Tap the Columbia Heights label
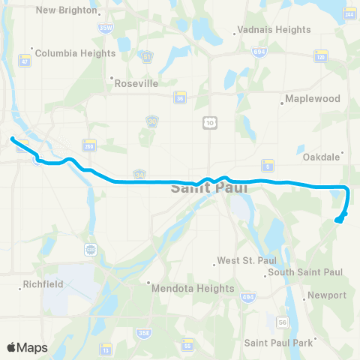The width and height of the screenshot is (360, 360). click(74, 53)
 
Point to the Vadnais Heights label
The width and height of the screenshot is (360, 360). click(273, 30)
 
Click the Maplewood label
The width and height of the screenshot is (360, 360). click(313, 99)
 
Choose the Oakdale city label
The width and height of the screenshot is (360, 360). click(322, 157)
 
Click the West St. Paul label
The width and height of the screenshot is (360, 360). click(236, 261)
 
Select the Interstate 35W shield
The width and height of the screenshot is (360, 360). click(105, 28)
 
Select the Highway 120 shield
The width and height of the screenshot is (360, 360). click(322, 57)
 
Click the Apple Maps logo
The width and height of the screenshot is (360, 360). click(27, 347)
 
